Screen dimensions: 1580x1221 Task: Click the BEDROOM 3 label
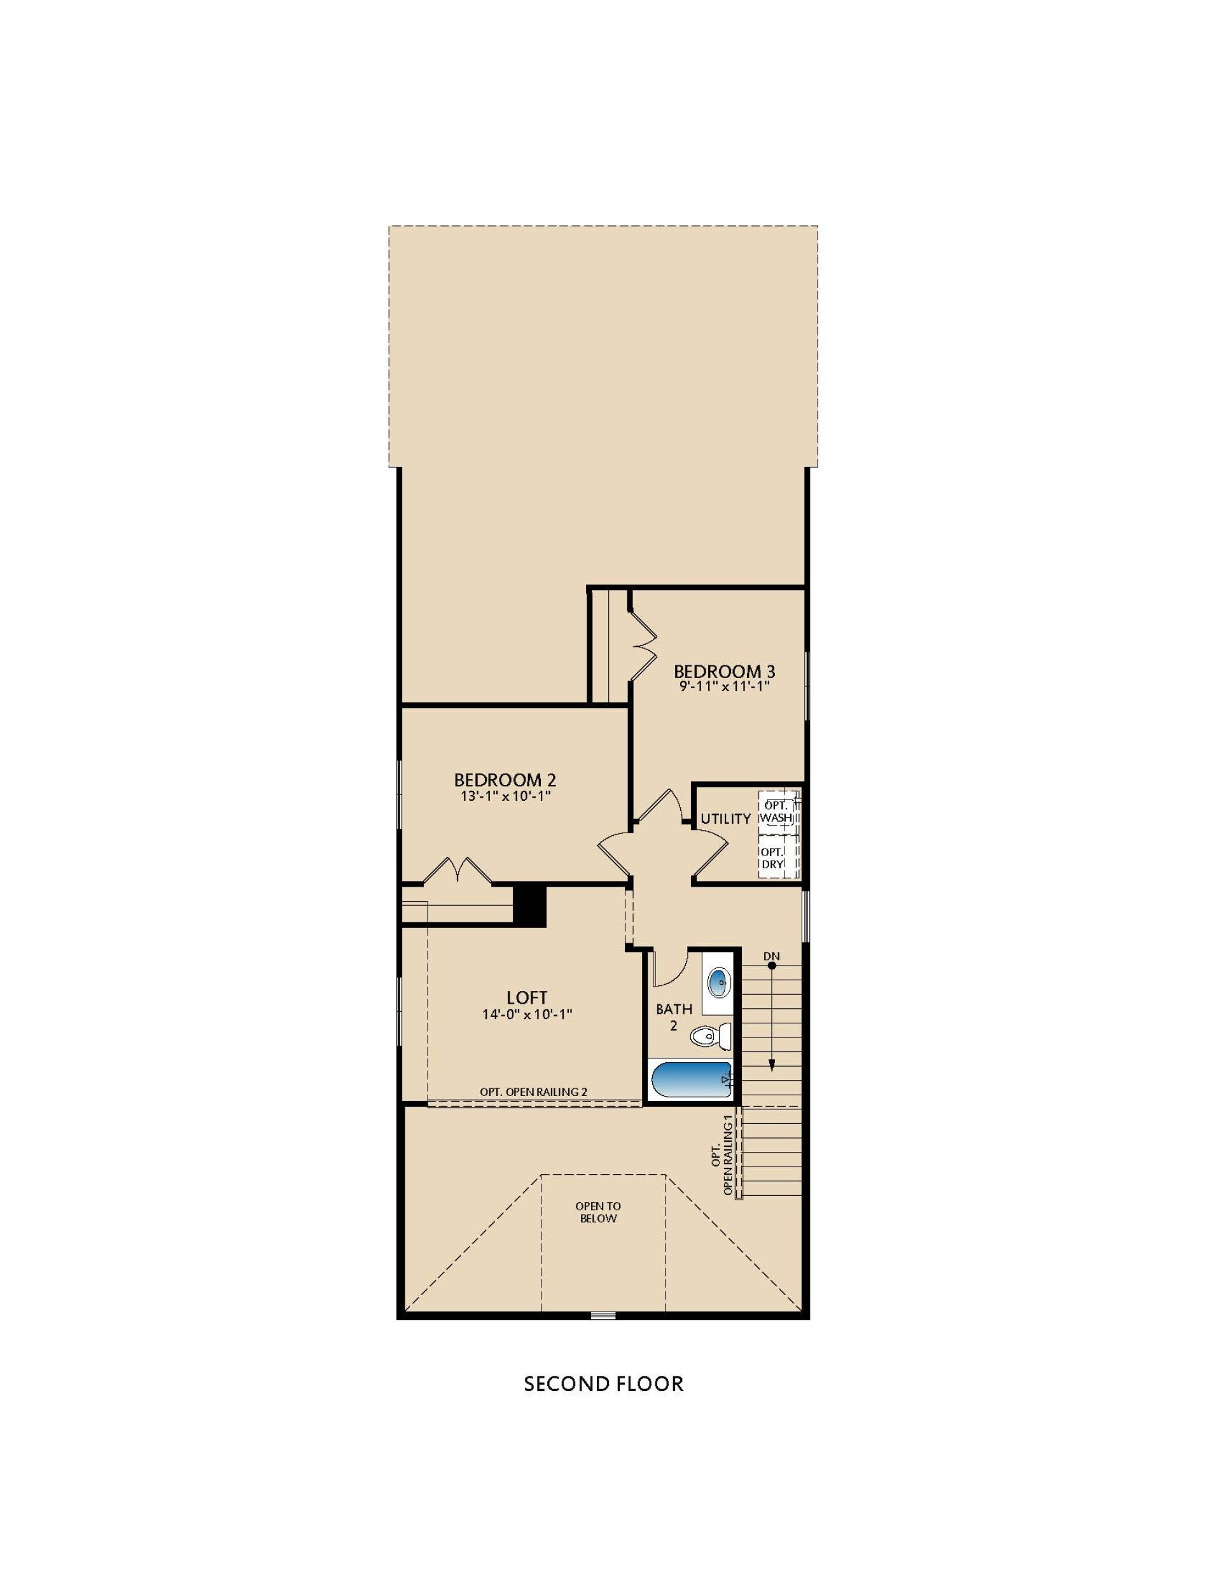coord(724,670)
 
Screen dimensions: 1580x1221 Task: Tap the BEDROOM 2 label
coord(505,780)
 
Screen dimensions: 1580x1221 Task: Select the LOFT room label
coord(526,997)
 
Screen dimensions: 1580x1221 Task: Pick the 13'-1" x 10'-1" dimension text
coord(505,796)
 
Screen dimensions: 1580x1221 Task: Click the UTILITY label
coord(725,818)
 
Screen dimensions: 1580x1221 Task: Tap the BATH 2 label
coord(674,1016)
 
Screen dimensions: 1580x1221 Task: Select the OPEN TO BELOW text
coord(598,1212)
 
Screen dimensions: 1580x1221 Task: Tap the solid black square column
coord(529,905)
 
